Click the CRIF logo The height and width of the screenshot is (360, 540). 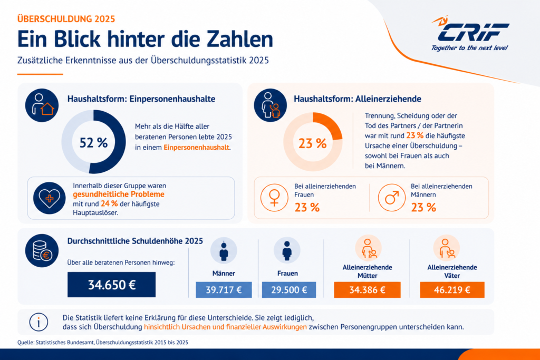470,33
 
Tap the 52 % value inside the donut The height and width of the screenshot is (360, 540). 94,142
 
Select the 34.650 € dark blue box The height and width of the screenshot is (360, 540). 112,285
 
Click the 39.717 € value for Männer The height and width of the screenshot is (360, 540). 224,290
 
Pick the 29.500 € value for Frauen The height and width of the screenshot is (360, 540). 289,290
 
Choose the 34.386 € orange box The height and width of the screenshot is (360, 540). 367,290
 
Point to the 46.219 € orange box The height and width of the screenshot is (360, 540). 452,290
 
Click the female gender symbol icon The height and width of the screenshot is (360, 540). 274,198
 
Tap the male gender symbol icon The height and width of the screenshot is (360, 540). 392,198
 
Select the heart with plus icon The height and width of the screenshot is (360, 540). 49,198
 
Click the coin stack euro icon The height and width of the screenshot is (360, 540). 42,250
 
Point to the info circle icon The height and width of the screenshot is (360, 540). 38,322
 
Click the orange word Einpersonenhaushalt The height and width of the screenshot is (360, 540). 196,147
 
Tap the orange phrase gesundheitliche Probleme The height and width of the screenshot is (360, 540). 119,194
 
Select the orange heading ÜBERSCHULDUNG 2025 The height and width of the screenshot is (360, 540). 66,18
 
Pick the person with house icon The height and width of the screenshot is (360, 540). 42,105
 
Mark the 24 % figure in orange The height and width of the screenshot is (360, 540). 109,204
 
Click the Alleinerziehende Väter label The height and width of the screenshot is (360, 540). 452,271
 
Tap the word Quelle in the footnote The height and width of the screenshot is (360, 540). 25,343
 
